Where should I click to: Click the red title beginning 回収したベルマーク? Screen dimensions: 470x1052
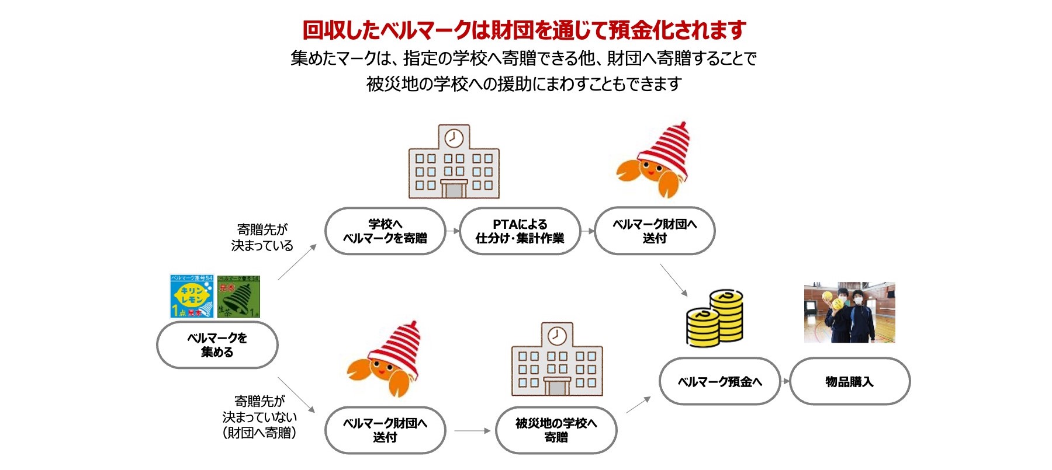click(524, 30)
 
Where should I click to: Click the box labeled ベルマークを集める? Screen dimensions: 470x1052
click(217, 345)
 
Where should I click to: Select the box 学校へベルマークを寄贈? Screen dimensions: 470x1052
click(385, 231)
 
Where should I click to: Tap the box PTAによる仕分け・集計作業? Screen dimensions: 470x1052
click(520, 231)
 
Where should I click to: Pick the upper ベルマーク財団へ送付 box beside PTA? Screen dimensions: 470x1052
click(655, 231)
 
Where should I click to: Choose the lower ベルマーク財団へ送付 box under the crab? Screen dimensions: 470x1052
click(385, 430)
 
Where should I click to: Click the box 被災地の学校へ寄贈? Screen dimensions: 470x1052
click(556, 430)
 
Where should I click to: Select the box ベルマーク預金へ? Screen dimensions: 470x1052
click(719, 382)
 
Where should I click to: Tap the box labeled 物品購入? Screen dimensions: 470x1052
click(849, 382)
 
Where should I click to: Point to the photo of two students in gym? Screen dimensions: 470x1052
click(849, 312)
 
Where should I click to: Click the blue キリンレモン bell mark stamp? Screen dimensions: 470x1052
click(192, 296)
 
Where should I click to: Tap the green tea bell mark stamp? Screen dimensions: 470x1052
click(238, 297)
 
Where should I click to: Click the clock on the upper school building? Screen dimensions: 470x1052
click(454, 138)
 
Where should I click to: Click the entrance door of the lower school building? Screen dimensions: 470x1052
click(557, 387)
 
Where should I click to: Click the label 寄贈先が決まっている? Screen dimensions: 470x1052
click(262, 237)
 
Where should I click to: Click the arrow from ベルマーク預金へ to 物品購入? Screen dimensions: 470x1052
click(785, 382)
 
